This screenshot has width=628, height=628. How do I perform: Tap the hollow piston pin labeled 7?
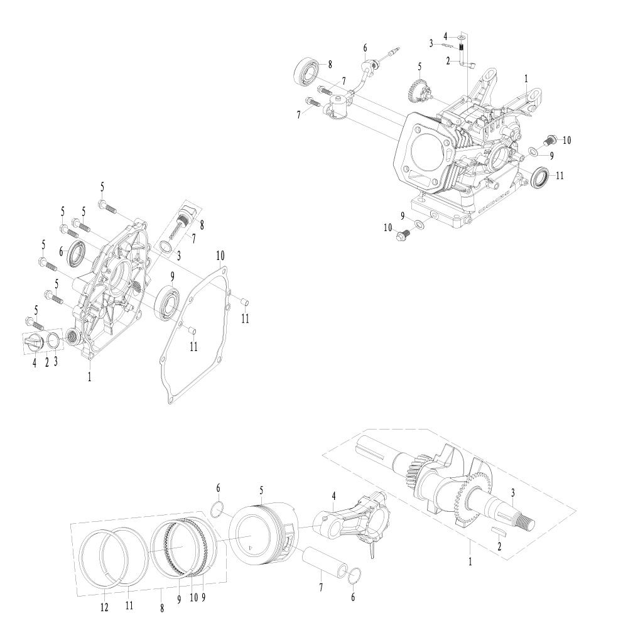click(325, 559)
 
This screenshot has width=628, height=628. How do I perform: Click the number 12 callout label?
click(104, 607)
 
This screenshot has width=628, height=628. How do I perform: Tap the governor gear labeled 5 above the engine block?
click(417, 90)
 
